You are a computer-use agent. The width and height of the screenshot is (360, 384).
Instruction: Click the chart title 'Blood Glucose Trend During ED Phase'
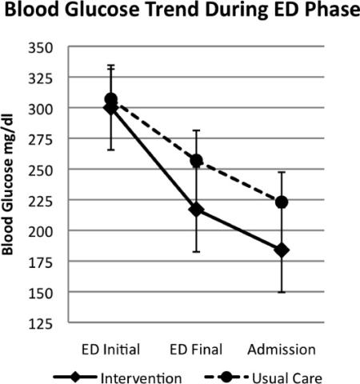(182, 10)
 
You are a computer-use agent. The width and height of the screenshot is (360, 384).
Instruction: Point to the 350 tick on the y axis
(41, 48)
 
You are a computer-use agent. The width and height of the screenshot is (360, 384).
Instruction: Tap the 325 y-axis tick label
(41, 79)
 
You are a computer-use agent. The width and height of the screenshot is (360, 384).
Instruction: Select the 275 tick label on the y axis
(41, 140)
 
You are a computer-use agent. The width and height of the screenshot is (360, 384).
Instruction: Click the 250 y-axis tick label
(41, 171)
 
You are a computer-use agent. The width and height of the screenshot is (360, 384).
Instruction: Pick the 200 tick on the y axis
(41, 232)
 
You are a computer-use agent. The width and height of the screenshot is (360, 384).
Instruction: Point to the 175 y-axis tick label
(41, 263)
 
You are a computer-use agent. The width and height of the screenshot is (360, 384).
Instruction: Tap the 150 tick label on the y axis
(41, 294)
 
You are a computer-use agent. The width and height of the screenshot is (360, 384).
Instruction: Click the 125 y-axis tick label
(41, 325)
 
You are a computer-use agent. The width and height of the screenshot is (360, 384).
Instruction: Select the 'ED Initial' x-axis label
(110, 350)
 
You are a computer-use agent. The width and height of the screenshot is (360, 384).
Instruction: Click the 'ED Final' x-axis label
(196, 350)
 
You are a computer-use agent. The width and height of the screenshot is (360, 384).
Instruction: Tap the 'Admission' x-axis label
(282, 350)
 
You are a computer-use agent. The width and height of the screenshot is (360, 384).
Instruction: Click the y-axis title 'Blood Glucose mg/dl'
(7, 184)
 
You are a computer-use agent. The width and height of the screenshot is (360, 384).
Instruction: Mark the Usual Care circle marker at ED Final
(197, 161)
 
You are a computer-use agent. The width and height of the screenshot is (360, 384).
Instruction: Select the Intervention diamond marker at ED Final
(197, 210)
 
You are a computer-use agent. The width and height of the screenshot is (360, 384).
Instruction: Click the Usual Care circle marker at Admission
(282, 202)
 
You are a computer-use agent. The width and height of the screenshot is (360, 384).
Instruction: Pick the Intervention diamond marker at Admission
(282, 250)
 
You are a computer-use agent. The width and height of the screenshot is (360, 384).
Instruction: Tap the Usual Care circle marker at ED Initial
(111, 99)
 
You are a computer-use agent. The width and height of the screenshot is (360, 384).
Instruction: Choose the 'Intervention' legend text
(141, 378)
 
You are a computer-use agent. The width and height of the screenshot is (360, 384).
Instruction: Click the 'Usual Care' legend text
(287, 378)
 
